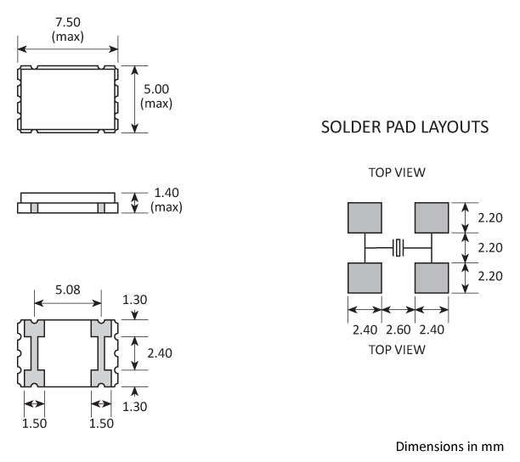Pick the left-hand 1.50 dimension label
[34, 422]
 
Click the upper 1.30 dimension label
[133, 299]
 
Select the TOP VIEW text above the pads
[397, 173]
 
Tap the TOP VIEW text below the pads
[397, 349]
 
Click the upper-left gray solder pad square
[365, 217]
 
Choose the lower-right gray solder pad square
[431, 277]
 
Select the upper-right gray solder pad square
[431, 217]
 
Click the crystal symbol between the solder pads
[398, 248]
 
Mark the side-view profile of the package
[67, 203]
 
